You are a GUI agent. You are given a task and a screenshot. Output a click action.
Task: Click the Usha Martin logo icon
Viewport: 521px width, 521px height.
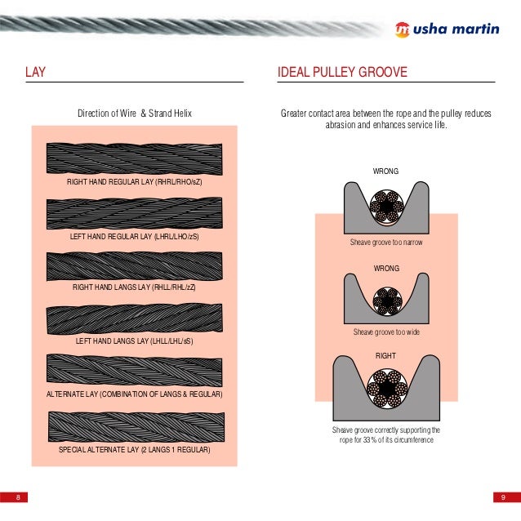(402, 26)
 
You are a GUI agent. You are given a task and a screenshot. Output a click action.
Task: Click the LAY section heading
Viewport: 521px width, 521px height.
(34, 73)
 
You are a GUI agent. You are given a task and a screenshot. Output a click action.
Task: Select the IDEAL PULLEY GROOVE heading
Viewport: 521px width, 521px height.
(342, 73)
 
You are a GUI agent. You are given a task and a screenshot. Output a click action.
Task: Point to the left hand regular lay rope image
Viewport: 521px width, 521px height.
(134, 213)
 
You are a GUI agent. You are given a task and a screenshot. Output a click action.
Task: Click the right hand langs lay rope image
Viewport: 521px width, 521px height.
(134, 265)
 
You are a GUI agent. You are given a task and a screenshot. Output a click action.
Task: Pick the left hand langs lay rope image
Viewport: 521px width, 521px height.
(134, 318)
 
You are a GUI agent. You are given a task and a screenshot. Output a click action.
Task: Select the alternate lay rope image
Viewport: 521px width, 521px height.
(134, 371)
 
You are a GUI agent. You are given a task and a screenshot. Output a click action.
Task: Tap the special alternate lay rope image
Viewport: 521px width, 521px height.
(134, 426)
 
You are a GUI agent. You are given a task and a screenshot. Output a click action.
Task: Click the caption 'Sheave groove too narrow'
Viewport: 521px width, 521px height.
(386, 243)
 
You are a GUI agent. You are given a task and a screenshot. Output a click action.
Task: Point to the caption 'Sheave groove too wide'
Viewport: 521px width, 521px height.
(386, 332)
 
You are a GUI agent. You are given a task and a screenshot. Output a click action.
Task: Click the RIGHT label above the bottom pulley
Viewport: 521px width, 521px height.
(385, 356)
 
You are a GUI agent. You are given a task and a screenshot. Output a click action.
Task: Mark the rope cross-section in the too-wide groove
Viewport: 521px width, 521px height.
(385, 301)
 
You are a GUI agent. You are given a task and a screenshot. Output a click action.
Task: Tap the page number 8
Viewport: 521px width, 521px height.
(17, 497)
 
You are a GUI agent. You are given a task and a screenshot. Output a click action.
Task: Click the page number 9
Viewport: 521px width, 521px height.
(503, 497)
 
